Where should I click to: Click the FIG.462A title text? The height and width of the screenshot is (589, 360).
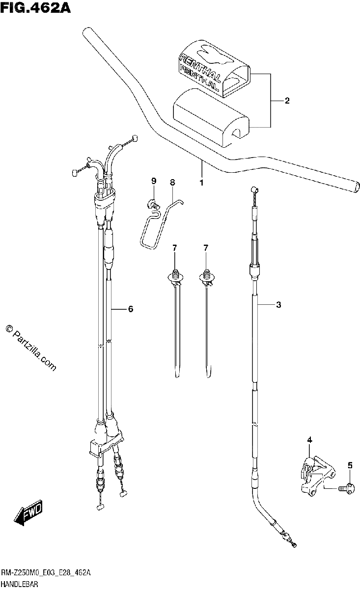35,8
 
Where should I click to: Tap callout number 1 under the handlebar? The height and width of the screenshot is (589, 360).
201,183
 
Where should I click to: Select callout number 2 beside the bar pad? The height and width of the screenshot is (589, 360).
287,101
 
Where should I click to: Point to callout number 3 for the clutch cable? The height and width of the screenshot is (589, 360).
278,305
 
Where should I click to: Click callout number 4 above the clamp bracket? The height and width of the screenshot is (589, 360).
309,440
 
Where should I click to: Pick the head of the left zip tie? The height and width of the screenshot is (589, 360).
175,277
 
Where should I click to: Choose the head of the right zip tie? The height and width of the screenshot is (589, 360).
207,277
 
